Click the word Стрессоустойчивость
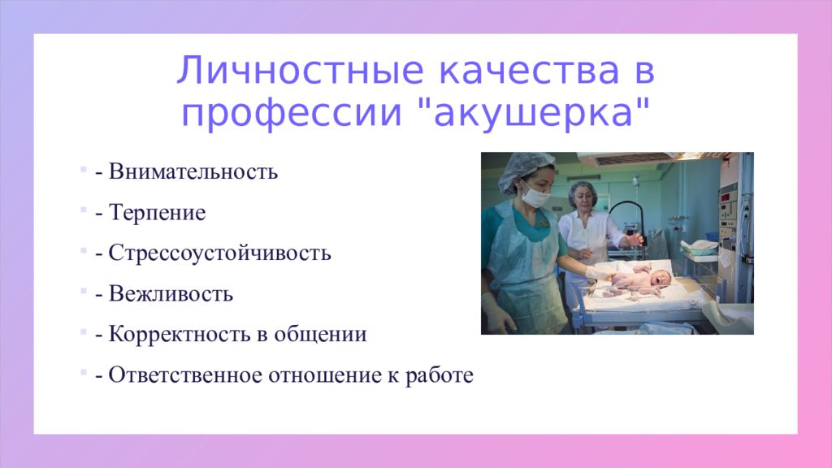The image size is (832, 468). coord(219,253)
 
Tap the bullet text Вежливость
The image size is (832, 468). coord(171,293)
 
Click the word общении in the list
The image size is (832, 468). coord(329,334)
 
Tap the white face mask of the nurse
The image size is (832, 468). coord(535,196)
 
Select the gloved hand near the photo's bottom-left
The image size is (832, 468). coord(496,314)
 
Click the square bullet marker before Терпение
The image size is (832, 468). coord(84,210)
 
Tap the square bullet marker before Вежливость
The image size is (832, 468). coord(84,291)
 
